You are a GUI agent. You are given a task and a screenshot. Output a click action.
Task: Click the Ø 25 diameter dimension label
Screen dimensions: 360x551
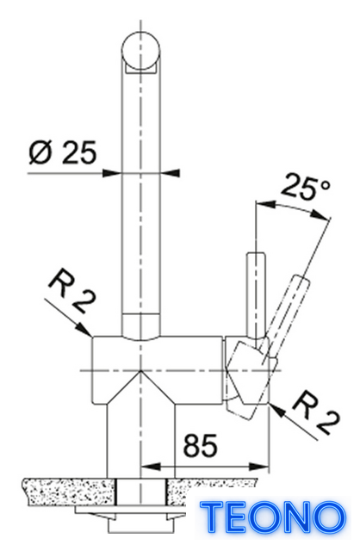point(63,153)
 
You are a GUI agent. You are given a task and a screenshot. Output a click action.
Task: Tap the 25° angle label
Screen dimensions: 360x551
point(305,187)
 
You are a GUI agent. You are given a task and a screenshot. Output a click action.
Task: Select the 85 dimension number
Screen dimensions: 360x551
point(201,445)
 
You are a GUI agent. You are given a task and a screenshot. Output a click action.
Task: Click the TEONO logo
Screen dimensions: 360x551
point(273,517)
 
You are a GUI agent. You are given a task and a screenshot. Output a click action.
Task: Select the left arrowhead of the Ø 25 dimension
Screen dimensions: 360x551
point(111,173)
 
